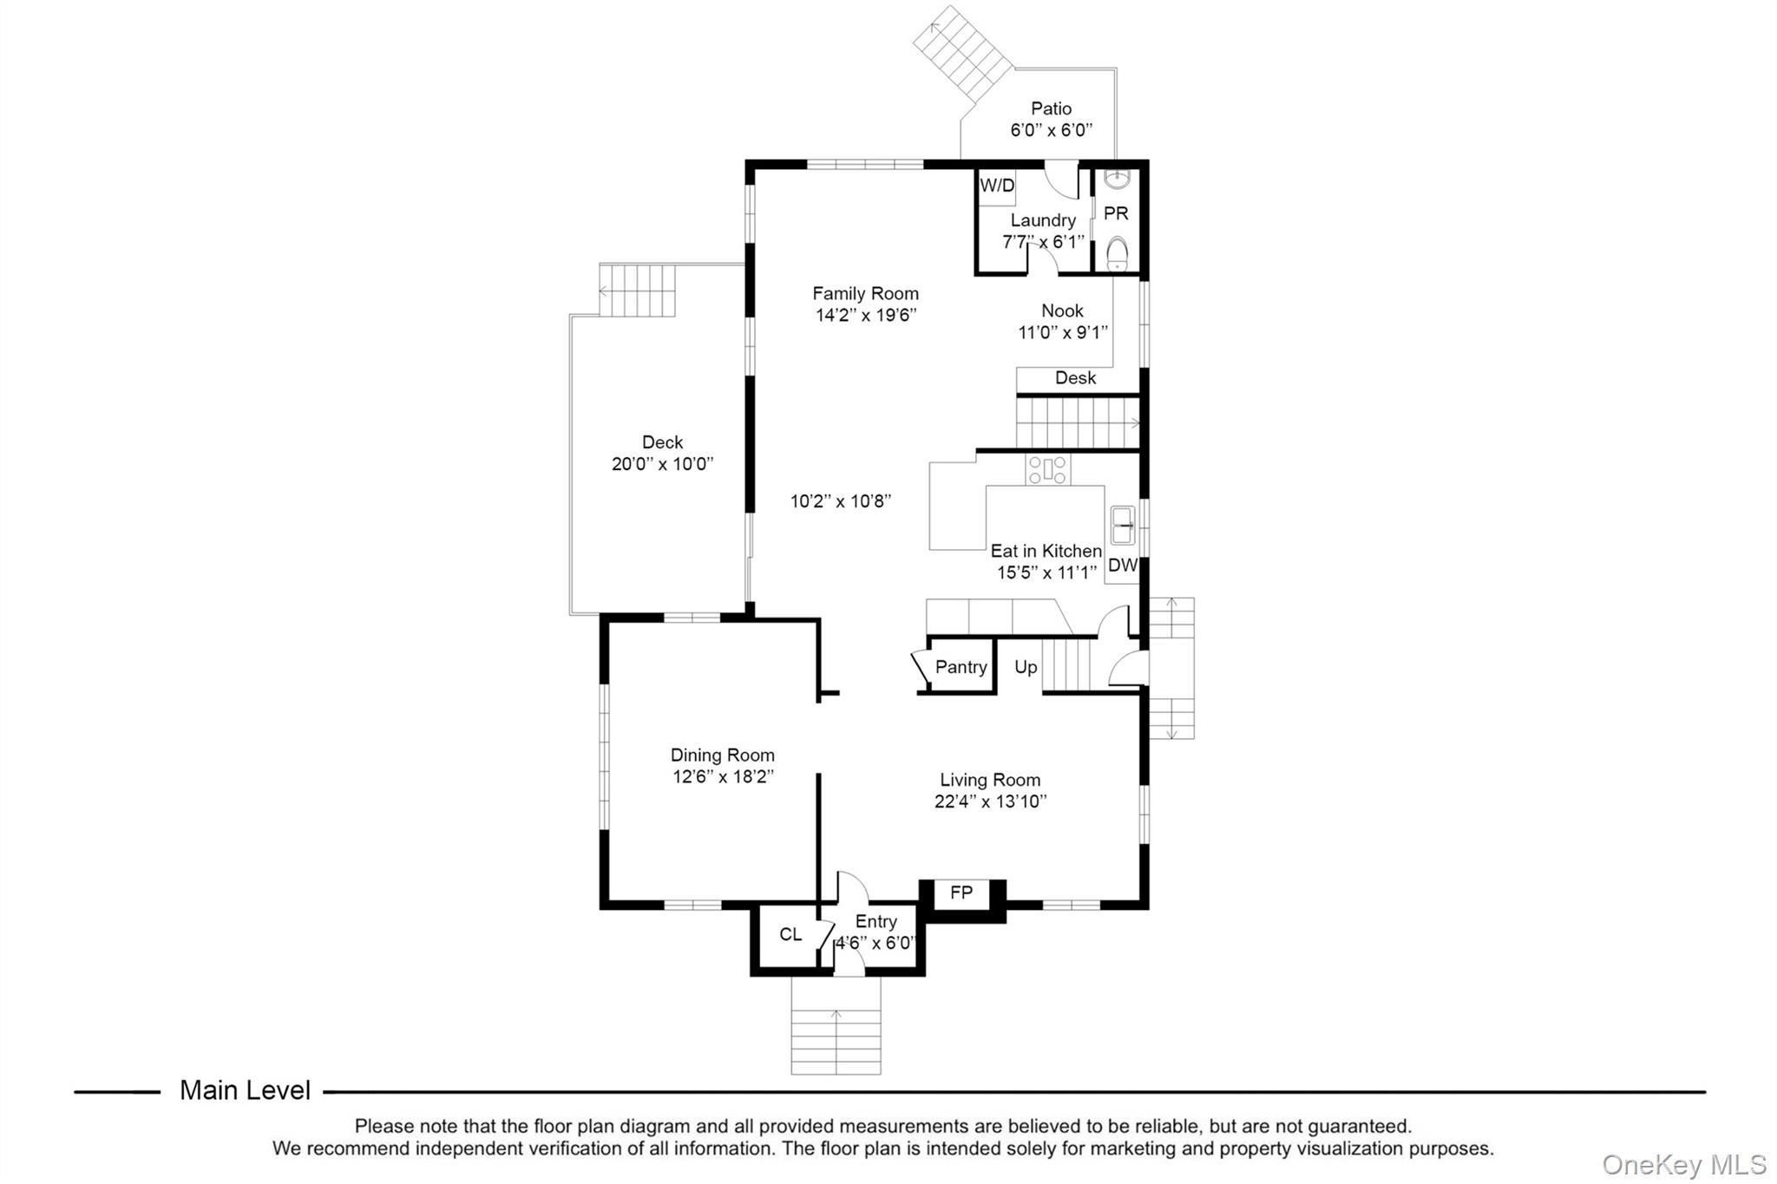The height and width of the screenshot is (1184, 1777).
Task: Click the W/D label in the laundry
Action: click(997, 186)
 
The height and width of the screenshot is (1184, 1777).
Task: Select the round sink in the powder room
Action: click(1117, 180)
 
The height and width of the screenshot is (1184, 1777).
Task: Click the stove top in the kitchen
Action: click(1048, 469)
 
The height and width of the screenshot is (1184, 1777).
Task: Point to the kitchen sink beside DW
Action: click(1123, 525)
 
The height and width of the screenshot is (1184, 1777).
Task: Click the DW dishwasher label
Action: click(1123, 566)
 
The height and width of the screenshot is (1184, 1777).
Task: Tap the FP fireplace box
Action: click(961, 893)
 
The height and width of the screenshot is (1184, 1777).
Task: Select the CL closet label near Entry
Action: click(790, 934)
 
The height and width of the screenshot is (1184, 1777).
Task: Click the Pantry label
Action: click(961, 667)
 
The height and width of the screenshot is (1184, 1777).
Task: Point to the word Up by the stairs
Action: click(1026, 667)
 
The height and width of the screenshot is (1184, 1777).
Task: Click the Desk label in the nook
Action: click(1075, 378)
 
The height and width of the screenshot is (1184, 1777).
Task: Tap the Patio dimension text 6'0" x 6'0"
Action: click(1051, 130)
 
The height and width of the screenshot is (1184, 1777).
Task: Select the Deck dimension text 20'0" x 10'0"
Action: click(662, 464)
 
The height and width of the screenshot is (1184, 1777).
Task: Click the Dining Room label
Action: click(722, 756)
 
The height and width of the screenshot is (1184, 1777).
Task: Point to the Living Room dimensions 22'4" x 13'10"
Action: click(990, 801)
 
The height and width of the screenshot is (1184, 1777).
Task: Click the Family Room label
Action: click(865, 294)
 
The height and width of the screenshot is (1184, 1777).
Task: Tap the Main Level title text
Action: click(245, 1090)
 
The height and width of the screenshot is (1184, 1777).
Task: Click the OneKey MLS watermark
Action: click(1683, 1165)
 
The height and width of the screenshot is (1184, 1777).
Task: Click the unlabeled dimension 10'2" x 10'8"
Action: click(841, 501)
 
